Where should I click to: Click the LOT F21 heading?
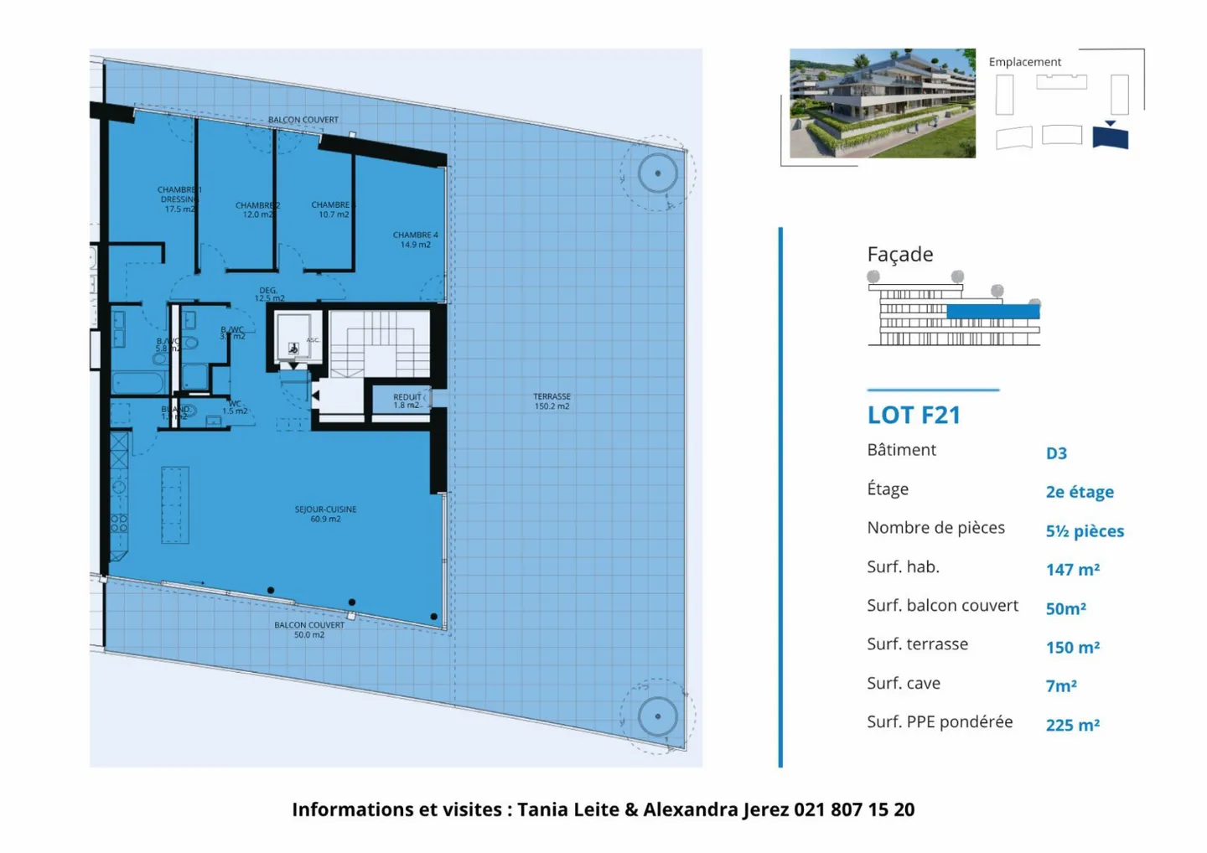(x=914, y=415)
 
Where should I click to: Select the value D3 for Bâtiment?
(x=1056, y=453)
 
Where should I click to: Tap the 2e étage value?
(x=1080, y=492)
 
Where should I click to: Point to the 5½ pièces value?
(x=1085, y=531)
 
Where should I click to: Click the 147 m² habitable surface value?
(x=1072, y=570)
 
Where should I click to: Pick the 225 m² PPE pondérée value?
(x=1072, y=726)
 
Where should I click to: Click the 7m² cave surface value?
(x=1061, y=686)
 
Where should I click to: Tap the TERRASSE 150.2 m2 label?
(x=552, y=401)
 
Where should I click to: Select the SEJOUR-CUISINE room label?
(x=325, y=514)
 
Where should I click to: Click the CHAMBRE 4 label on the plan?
(x=415, y=240)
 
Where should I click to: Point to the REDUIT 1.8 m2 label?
(x=407, y=401)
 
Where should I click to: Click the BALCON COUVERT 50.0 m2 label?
(x=309, y=629)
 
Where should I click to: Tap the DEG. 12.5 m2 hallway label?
(x=269, y=294)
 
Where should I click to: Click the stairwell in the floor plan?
(x=380, y=344)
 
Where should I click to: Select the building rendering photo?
(x=882, y=103)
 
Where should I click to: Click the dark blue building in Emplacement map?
(x=1111, y=137)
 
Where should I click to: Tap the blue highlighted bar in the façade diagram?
(x=993, y=312)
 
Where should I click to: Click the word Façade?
(x=900, y=254)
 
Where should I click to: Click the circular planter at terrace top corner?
(x=658, y=173)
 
